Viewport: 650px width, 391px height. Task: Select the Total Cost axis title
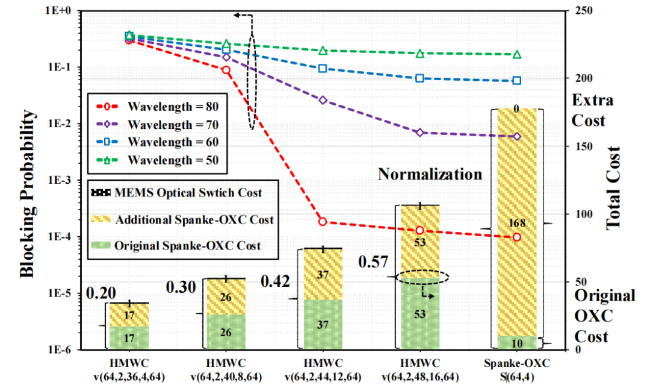[x=613, y=181]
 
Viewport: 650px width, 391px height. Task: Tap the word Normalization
[x=430, y=174]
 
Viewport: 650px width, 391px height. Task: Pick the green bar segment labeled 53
[x=420, y=313]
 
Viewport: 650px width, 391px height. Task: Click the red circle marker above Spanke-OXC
[x=516, y=237]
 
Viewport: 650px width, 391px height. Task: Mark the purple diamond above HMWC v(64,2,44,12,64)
[x=323, y=99]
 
